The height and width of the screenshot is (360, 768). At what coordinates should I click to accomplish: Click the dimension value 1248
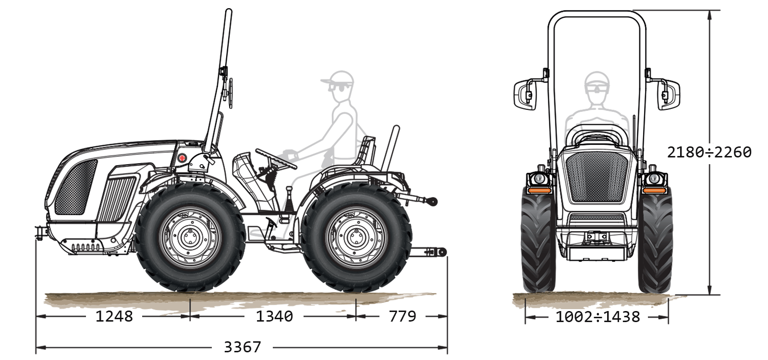(114, 316)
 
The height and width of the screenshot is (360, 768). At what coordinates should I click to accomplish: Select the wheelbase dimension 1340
(274, 316)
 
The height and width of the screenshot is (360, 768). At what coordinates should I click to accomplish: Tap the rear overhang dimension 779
(402, 316)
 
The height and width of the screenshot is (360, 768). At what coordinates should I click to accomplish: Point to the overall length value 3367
(243, 348)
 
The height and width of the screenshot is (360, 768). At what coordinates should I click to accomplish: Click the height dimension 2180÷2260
(709, 153)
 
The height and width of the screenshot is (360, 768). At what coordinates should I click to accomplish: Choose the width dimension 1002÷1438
(597, 317)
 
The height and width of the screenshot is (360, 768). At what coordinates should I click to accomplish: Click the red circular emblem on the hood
(182, 158)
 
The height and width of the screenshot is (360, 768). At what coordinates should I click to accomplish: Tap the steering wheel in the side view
(276, 159)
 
